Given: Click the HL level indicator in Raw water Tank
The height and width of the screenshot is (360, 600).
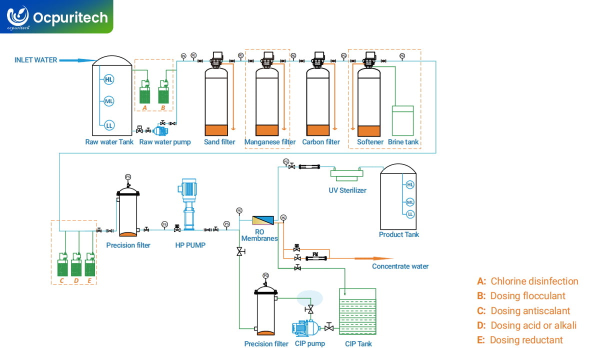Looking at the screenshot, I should pyautogui.click(x=109, y=79).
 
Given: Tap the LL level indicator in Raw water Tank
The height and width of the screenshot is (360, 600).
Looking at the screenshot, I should pyautogui.click(x=109, y=125).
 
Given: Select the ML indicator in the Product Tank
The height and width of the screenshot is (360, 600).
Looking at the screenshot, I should pyautogui.click(x=410, y=202).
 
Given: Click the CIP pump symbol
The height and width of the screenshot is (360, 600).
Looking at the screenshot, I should pyautogui.click(x=306, y=327).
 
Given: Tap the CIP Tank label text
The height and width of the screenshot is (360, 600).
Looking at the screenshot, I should pyautogui.click(x=358, y=344).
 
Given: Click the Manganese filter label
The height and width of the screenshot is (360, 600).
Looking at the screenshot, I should pyautogui.click(x=270, y=142).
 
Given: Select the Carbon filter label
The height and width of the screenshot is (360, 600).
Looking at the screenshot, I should pyautogui.click(x=321, y=142).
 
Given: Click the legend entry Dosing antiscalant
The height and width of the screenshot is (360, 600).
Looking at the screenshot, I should pyautogui.click(x=530, y=311).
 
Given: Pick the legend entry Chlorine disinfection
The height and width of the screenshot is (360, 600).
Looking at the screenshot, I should pyautogui.click(x=534, y=281).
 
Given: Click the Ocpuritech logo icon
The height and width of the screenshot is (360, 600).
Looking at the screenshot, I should pyautogui.click(x=18, y=17).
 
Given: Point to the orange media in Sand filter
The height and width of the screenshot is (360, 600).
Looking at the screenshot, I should pyautogui.click(x=216, y=130).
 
